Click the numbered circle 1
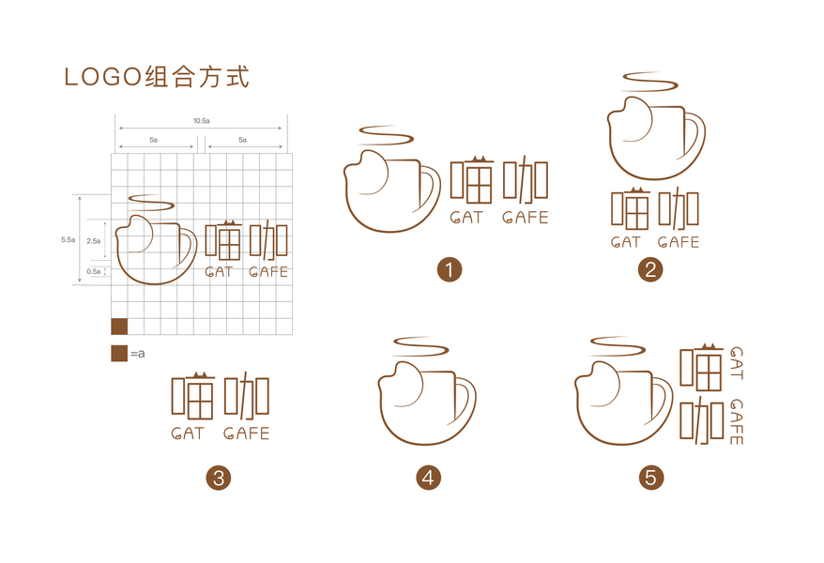pos(449,270)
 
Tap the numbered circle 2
pos(650,270)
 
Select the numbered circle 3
pos(219,478)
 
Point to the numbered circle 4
pos(428,478)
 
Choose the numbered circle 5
pos(651,478)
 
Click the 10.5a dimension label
pos(201,121)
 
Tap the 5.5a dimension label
pos(68,239)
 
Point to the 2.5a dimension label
pos(94,241)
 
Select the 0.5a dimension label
pos(94,271)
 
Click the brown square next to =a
pos(119,354)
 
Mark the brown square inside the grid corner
pos(119,327)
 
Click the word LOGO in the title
pos(103,77)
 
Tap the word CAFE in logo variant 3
pos(246,434)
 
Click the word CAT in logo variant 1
pos(466,218)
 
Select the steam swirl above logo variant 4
pos(420,346)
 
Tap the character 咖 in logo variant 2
pos(679,209)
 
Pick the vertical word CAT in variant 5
pos(737,363)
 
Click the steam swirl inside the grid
pos(151,203)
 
